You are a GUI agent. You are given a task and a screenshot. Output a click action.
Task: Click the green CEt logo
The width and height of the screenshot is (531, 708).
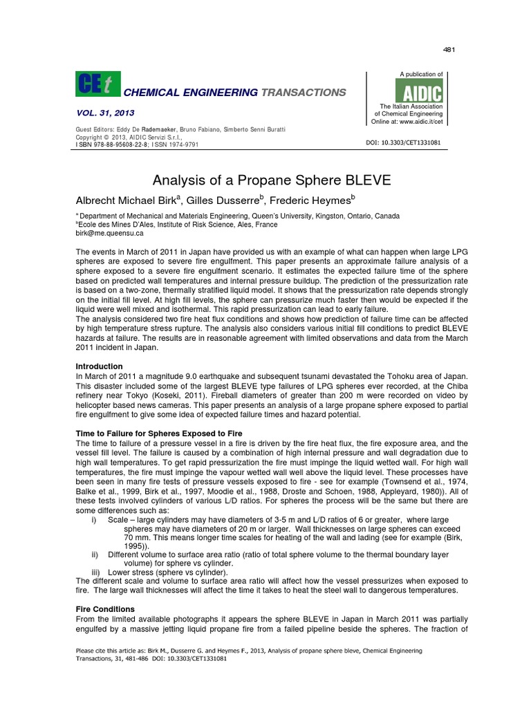pyautogui.click(x=97, y=85)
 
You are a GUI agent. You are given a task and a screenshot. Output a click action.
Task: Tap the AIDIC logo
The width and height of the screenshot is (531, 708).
pyautogui.click(x=418, y=90)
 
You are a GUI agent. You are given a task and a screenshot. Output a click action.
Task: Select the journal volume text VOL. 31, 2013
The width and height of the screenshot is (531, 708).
pyautogui.click(x=105, y=112)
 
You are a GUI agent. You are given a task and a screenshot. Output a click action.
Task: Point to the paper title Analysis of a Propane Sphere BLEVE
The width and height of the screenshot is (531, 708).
pyautogui.click(x=266, y=181)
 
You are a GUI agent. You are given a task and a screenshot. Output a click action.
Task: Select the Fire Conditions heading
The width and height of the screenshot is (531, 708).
pyautogui.click(x=104, y=608)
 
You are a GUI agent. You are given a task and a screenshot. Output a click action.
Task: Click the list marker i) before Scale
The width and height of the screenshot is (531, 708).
pyautogui.click(x=94, y=519)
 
